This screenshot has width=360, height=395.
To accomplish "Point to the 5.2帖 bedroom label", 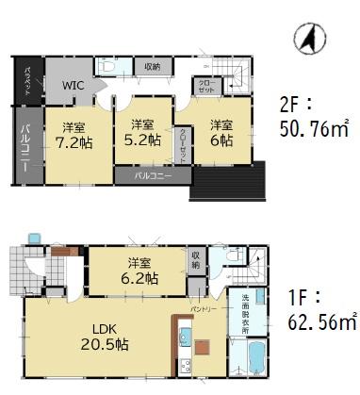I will pyautogui.click(x=142, y=133).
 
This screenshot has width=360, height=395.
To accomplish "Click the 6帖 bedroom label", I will pyautogui.click(x=221, y=133).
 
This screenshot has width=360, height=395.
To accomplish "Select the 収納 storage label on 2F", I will pyautogui.click(x=153, y=66).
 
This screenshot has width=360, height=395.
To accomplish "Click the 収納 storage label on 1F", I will pyautogui.click(x=195, y=259).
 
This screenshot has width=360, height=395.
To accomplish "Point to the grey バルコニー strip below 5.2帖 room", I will pyautogui.click(x=145, y=175).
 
